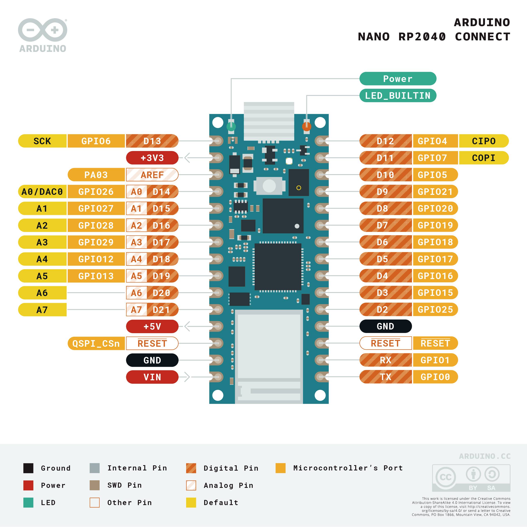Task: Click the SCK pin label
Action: pyautogui.click(x=42, y=141)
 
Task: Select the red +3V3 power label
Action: pyautogui.click(x=152, y=158)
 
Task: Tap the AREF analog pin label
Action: pyautogui.click(x=152, y=175)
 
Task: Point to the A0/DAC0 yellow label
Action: pyautogui.click(x=42, y=192)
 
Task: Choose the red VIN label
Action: pyautogui.click(x=152, y=377)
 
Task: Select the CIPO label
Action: pyautogui.click(x=483, y=141)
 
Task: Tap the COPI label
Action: pyautogui.click(x=483, y=158)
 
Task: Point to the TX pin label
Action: pyautogui.click(x=385, y=377)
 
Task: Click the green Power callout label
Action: pyautogui.click(x=398, y=79)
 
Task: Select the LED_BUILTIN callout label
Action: pyautogui.click(x=398, y=96)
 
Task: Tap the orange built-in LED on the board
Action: pyautogui.click(x=306, y=127)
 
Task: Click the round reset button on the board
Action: pyautogui.click(x=269, y=186)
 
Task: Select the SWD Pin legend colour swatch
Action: pyautogui.click(x=94, y=485)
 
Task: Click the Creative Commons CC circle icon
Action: pyautogui.click(x=445, y=477)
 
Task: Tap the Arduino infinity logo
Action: pyautogui.click(x=43, y=30)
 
